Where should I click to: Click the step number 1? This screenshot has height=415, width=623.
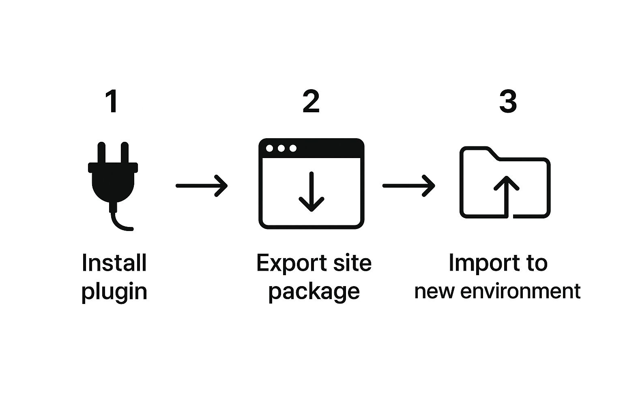(112, 101)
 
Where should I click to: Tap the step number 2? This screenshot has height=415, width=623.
(311, 101)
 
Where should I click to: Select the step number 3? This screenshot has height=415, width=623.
(508, 101)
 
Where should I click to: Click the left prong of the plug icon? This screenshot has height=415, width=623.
(101, 152)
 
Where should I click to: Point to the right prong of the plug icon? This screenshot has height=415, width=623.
(125, 152)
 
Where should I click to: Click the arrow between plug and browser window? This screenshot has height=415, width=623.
(202, 186)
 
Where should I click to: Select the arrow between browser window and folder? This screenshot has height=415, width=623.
(408, 186)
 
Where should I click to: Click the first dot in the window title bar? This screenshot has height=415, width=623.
(269, 148)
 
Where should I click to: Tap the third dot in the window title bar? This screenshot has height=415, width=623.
(293, 148)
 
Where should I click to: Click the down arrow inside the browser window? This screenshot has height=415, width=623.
(311, 192)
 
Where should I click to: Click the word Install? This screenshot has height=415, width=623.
(114, 263)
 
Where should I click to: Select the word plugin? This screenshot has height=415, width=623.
(114, 293)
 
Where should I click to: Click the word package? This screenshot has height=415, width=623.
(314, 293)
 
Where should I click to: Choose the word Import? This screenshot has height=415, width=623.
(483, 263)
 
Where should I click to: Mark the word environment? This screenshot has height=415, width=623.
(520, 291)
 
